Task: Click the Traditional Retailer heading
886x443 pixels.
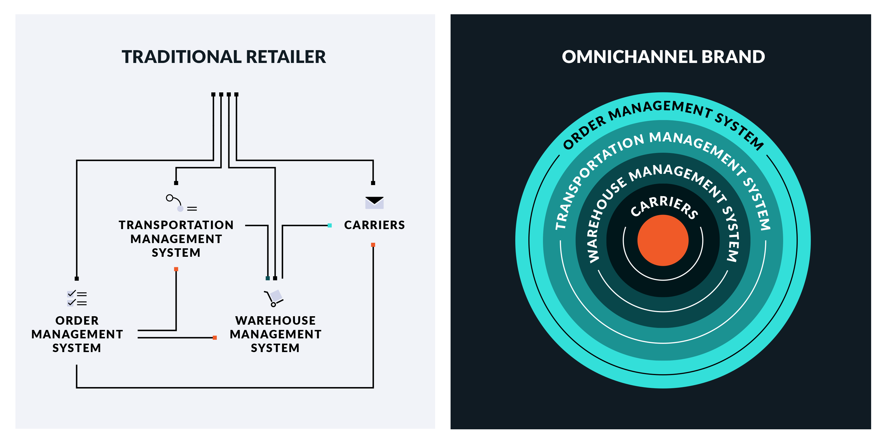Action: tap(224, 57)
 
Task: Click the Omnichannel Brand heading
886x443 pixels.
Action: tap(663, 57)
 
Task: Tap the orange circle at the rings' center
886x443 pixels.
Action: tap(663, 240)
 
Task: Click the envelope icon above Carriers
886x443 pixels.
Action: tap(374, 203)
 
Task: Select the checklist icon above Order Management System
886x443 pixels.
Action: tap(77, 298)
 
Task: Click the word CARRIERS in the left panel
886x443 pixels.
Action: tap(374, 225)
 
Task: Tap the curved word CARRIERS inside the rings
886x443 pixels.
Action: tap(664, 206)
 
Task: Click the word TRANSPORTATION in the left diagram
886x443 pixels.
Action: tap(176, 225)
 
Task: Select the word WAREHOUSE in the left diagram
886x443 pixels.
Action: tap(275, 320)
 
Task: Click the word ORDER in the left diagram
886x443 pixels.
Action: tap(77, 320)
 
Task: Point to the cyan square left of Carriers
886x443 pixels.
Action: tap(330, 225)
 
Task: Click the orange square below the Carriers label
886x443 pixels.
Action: tap(373, 245)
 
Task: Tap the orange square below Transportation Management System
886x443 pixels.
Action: tap(176, 269)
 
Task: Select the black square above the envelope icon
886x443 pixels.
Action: tap(373, 183)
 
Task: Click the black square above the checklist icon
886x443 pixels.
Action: tap(77, 279)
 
